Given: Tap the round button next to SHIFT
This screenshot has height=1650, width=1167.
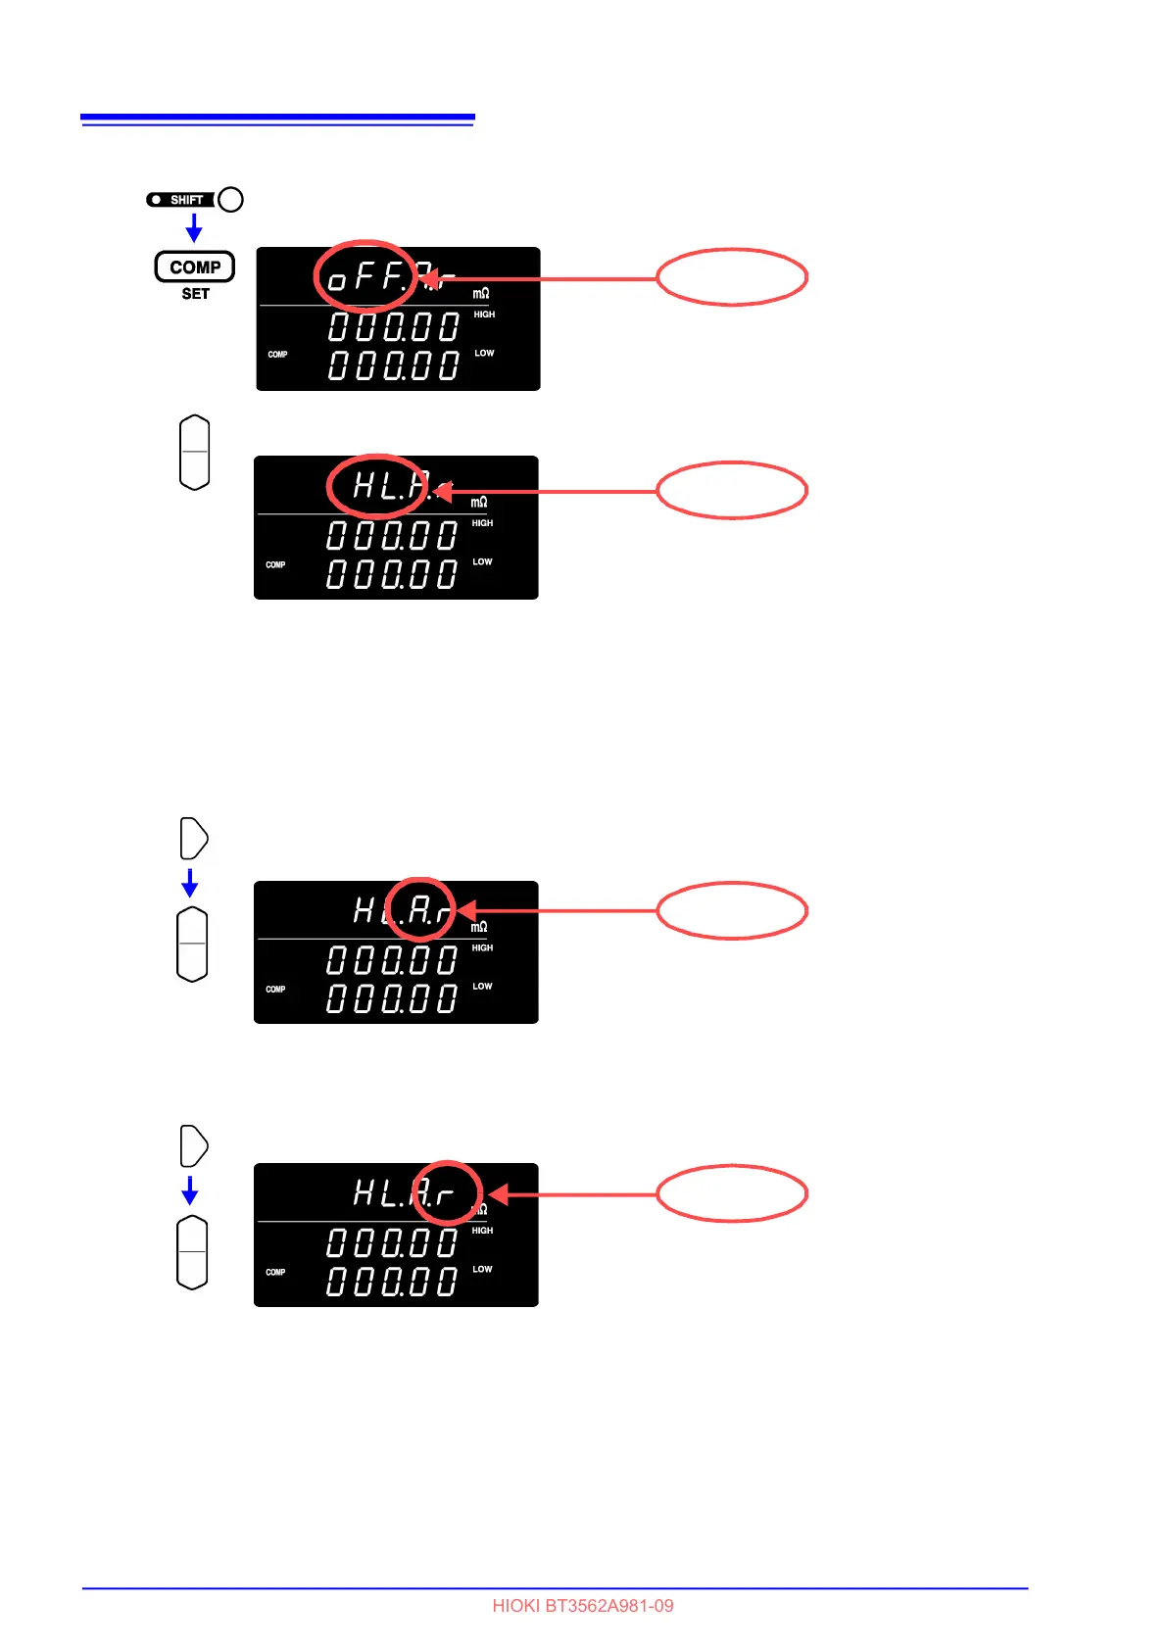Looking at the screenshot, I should (230, 200).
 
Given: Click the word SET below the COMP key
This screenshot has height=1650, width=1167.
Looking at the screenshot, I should (195, 294).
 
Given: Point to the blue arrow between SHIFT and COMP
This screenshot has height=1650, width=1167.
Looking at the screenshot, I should (194, 228).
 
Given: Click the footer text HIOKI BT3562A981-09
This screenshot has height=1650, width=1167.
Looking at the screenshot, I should (583, 1606).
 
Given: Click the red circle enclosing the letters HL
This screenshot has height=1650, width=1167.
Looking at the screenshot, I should (377, 486).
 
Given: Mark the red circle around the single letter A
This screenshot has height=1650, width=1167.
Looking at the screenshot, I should (419, 909).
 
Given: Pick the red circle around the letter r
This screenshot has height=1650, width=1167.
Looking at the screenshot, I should (447, 1192).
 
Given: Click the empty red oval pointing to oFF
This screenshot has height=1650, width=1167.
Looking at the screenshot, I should (731, 277).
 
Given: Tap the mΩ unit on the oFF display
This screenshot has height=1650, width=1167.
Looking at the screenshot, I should (481, 293).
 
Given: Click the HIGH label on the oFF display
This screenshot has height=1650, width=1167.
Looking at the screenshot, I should (484, 315).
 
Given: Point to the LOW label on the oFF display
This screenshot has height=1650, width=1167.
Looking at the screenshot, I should (484, 353).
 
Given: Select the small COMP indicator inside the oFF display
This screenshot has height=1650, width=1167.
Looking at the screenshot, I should (277, 355).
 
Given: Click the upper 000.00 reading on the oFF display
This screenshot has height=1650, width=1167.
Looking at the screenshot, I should (394, 326).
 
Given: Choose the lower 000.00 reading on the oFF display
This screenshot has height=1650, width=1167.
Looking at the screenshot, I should (394, 365).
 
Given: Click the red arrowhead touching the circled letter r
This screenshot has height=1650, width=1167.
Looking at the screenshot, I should (498, 1194).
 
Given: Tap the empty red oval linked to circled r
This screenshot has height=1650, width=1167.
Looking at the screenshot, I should (731, 1193).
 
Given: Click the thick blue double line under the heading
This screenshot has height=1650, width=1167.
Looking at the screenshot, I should (277, 120).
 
